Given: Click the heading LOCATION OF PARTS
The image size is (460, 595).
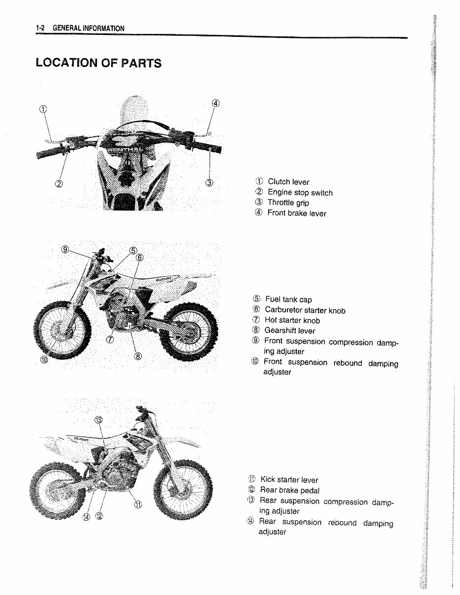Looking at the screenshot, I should point(98,63).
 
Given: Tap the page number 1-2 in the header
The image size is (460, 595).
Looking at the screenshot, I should point(40,28).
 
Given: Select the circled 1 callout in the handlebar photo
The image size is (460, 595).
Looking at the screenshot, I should point(43,109).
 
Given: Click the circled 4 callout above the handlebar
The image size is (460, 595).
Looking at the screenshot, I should point(215,103).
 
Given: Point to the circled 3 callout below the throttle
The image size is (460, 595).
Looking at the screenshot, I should point(209,183).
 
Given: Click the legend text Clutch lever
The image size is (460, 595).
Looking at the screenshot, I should point(288,182).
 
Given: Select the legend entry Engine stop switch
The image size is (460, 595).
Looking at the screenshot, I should point(300,193).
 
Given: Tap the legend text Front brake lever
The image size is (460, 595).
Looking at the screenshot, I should point(297,213).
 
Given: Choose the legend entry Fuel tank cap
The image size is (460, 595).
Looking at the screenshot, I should point(288,299).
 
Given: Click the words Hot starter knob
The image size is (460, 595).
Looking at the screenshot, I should point(292,320).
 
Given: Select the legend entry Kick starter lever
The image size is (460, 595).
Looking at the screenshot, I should point(289,480).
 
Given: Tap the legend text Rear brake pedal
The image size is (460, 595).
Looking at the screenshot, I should point(290,490).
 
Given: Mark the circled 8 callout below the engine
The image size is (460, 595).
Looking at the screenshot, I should point(138,356).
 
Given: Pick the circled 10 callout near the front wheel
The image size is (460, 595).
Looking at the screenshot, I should point(45,360).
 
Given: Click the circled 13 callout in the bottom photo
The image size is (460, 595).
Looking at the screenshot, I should point(98,419).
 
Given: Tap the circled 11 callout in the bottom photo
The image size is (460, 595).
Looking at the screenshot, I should point(138,505).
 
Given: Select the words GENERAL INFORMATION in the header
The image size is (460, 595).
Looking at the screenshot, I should point(89,28).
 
